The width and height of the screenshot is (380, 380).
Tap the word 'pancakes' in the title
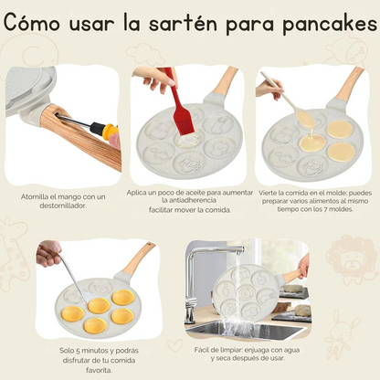330,23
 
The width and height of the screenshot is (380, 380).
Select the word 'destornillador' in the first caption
63,206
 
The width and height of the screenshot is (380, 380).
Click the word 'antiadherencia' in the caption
189,200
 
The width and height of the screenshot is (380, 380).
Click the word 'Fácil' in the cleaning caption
202,350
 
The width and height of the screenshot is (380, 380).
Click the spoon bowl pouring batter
305,119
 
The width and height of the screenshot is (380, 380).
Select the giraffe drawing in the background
14,254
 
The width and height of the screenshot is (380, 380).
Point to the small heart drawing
175,345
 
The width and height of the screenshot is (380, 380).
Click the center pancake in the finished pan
99,306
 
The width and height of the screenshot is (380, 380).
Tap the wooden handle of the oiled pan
225,80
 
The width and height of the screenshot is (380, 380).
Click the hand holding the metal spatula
48,253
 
